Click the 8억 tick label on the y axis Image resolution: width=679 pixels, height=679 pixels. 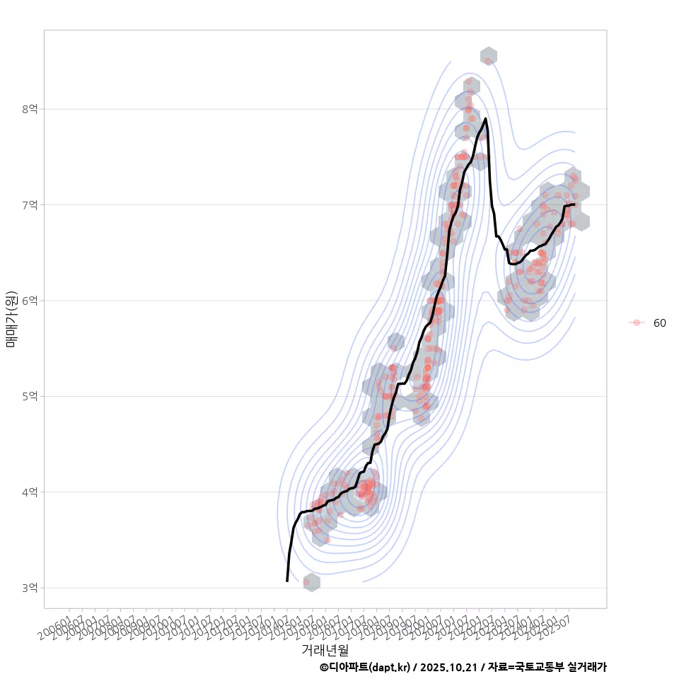click(30, 109)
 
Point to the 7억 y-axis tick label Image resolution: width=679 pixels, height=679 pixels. click(30, 205)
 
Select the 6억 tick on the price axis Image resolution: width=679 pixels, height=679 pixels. click(30, 301)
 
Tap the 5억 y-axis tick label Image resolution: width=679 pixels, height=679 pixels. click(30, 396)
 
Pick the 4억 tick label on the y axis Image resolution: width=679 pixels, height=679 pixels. click(30, 492)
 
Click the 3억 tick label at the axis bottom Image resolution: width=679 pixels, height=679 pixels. click(30, 588)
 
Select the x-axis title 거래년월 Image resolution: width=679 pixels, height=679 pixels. click(325, 649)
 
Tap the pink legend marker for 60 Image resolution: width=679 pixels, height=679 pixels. click(637, 323)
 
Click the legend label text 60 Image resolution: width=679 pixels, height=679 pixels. click(659, 323)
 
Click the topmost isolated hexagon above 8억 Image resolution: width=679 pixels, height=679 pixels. click(488, 56)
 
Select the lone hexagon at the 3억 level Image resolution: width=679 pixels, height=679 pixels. click(311, 582)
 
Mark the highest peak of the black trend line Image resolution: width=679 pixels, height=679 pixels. click(485, 119)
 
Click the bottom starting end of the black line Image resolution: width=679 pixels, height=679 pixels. click(287, 581)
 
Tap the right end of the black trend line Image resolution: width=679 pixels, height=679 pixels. click(574, 204)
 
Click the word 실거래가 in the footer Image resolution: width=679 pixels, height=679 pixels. click(586, 667)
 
